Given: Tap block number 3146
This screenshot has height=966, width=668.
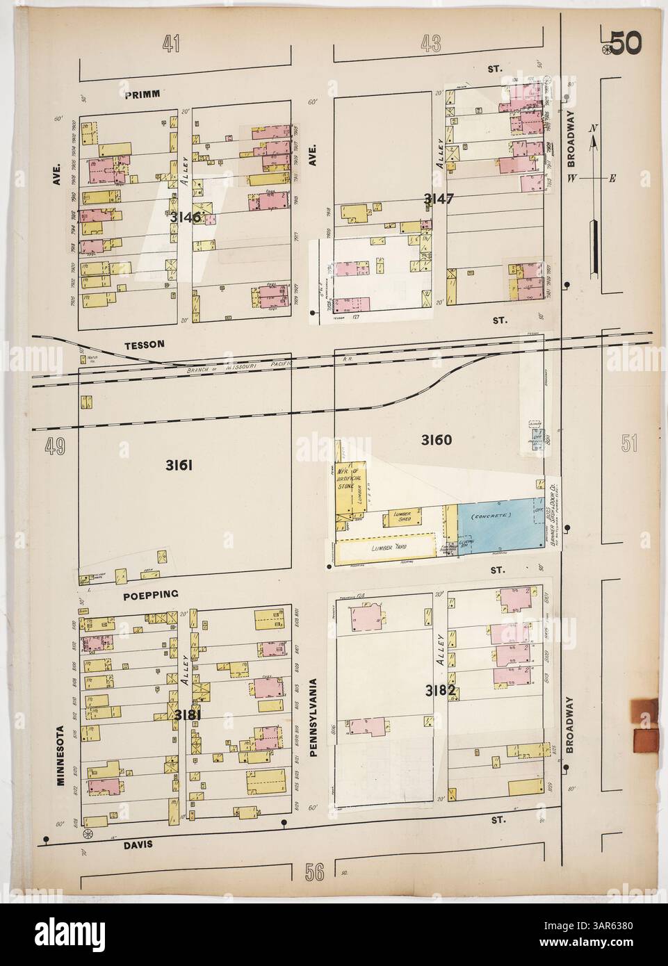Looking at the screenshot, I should coord(184,218).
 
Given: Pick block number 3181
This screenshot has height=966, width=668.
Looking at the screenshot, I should coord(188,715).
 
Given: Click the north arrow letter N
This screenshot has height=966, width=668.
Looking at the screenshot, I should coord(592,128).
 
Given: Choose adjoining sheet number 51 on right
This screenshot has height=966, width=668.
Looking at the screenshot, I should coord(628,444).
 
